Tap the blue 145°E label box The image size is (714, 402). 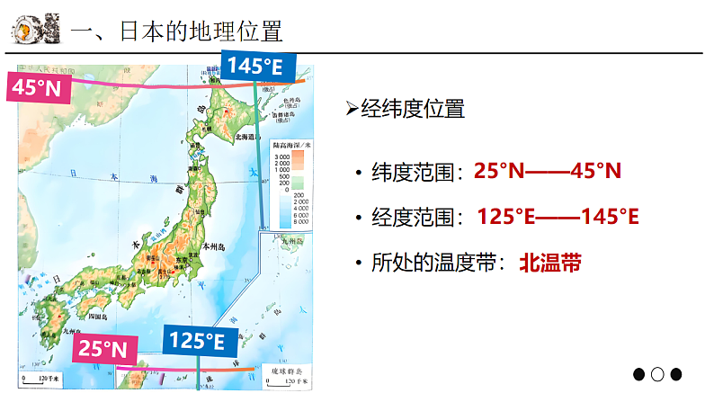tap(254, 66)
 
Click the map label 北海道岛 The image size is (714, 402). tap(245, 138)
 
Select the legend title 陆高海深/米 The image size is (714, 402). tap(291, 144)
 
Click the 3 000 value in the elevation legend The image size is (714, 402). tap(281, 157)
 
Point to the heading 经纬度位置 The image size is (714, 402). tap(413, 110)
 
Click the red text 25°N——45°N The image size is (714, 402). tap(548, 171)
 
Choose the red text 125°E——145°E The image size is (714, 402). tap(558, 217)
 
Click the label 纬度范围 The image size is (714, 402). tap(414, 171)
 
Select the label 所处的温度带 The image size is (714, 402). tap(436, 263)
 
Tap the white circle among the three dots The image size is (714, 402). tap(657, 374)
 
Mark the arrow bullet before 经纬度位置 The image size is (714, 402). tap(352, 110)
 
